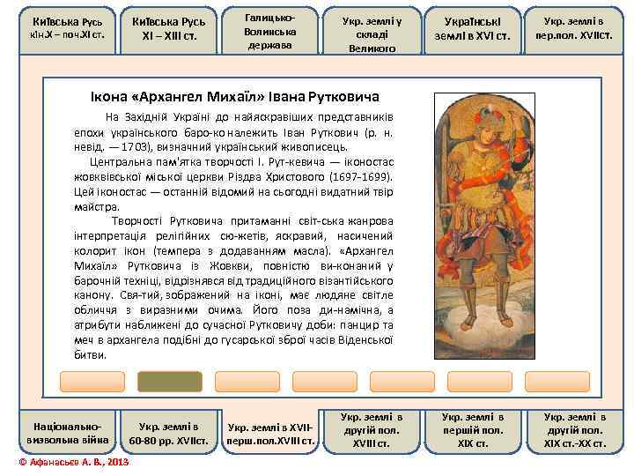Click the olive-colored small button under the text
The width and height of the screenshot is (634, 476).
tap(170, 381)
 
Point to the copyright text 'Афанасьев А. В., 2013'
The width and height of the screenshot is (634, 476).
tap(74, 461)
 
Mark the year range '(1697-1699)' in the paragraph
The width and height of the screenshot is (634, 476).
tap(361, 177)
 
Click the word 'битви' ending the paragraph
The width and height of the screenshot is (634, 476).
tap(89, 354)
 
